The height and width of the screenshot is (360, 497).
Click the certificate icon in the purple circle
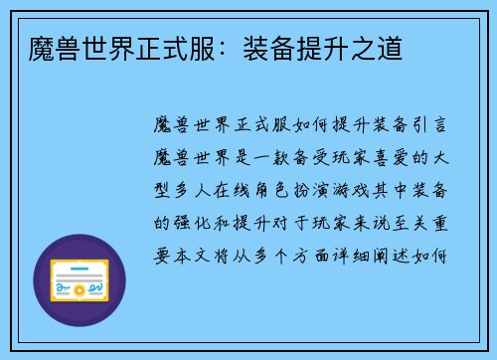[x=80, y=282]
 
